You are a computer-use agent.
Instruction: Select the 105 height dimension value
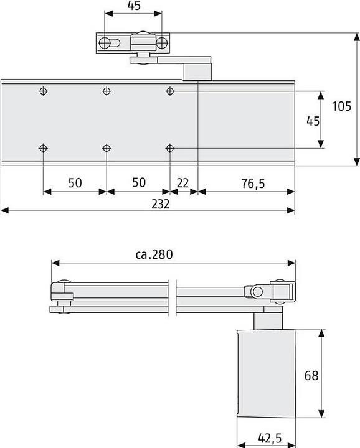pos(341,106)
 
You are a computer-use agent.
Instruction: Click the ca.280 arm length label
pos(153,254)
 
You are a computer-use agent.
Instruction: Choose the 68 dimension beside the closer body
pos(312,375)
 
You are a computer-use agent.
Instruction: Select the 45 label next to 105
pos(313,121)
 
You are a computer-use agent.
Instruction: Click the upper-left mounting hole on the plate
pos(43,91)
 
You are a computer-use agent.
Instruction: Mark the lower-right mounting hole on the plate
pos(169,148)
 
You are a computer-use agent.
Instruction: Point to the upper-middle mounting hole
pos(107,91)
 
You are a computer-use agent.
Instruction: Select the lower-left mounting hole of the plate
pos(43,148)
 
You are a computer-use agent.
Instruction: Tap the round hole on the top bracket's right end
pos(161,42)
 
